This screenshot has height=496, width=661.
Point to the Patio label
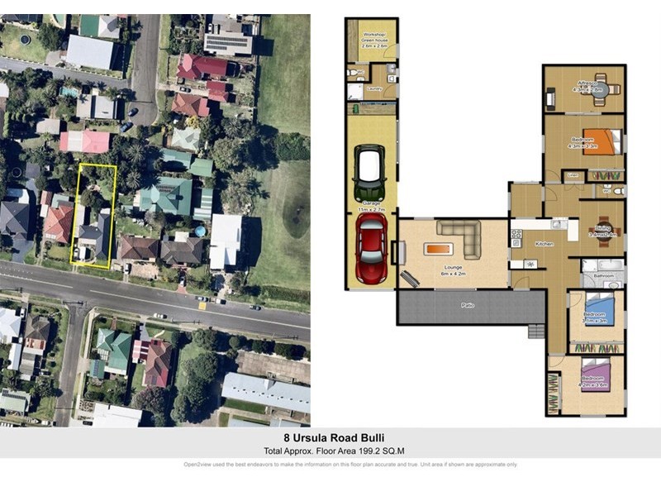pyautogui.click(x=468, y=306)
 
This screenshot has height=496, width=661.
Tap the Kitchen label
pyautogui.click(x=544, y=245)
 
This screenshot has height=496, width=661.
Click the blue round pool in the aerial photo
pyautogui.click(x=201, y=231)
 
